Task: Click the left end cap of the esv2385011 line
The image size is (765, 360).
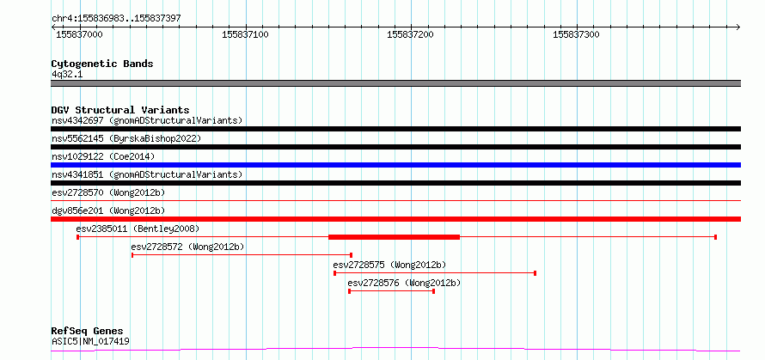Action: pyautogui.click(x=77, y=237)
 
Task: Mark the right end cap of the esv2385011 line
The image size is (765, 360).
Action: pyautogui.click(x=715, y=237)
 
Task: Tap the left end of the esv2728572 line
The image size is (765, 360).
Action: pyautogui.click(x=132, y=255)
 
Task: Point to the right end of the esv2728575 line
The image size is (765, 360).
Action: pyautogui.click(x=535, y=273)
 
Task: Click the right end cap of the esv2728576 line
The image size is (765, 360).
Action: pyautogui.click(x=433, y=291)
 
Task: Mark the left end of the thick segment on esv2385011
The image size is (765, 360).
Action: pyautogui.click(x=329, y=237)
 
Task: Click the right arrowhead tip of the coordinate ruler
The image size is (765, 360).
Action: pyautogui.click(x=740, y=27)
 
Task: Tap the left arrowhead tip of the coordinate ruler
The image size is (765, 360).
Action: pyautogui.click(x=52, y=27)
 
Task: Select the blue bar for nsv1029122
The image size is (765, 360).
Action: pyautogui.click(x=396, y=165)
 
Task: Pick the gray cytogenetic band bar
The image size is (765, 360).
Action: pyautogui.click(x=396, y=83)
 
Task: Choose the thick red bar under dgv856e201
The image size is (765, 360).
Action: pyautogui.click(x=396, y=219)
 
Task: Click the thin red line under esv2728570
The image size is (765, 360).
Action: pyautogui.click(x=396, y=200)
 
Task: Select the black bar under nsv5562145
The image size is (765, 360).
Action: pyautogui.click(x=396, y=147)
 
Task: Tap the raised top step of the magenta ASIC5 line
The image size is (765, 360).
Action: pyautogui.click(x=395, y=347)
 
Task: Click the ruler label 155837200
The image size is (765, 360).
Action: pyautogui.click(x=410, y=35)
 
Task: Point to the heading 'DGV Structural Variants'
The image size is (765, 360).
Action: pyautogui.click(x=120, y=110)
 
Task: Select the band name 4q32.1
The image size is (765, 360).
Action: pyautogui.click(x=67, y=75)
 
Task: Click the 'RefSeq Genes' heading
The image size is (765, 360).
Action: pyautogui.click(x=88, y=332)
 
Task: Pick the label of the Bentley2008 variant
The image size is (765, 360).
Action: pyautogui.click(x=138, y=229)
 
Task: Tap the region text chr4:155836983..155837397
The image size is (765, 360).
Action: pyautogui.click(x=116, y=19)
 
